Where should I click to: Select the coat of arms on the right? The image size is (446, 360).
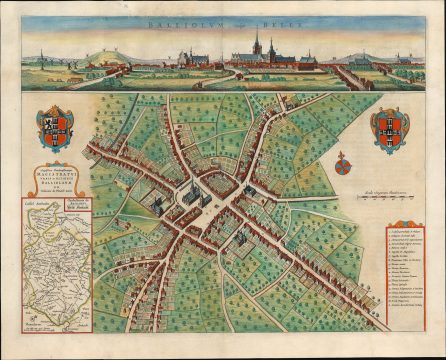[390, 128]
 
